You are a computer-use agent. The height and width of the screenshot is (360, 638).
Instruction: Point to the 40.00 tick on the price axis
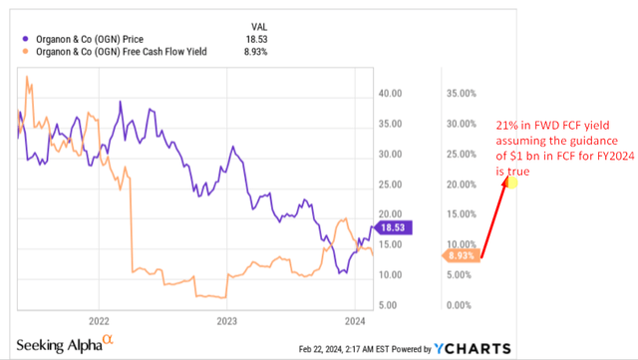point(390,94)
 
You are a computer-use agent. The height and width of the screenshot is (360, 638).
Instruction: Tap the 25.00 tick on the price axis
point(390,184)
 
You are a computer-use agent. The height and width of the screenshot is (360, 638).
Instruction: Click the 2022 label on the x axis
point(99,322)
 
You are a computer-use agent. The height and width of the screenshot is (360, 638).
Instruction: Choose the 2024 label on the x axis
point(354,322)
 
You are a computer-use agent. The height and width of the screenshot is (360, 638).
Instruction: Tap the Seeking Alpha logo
point(65,344)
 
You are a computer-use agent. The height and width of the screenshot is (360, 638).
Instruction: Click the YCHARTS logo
point(471,348)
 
